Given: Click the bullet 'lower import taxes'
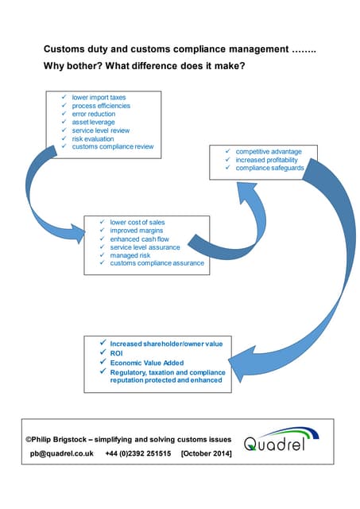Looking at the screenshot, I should click(99, 98).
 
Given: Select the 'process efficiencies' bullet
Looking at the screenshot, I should click(101, 106).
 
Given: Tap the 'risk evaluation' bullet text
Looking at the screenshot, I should click(93, 138).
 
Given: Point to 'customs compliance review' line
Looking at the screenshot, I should click(112, 146).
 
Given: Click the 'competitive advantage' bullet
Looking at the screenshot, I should click(269, 151).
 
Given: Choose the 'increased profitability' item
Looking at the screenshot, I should click(266, 159).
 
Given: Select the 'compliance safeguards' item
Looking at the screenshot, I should click(269, 168).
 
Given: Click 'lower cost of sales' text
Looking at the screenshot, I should click(137, 222).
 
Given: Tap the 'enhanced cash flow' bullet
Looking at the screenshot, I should click(139, 239).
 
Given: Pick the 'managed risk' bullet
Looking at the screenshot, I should click(130, 255).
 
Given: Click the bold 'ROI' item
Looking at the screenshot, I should click(118, 352).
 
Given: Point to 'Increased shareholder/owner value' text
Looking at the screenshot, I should click(166, 343).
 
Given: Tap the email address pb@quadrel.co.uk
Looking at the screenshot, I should click(62, 453).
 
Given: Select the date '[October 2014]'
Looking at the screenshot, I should click(208, 453).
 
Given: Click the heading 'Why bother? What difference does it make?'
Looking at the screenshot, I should click(144, 66).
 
